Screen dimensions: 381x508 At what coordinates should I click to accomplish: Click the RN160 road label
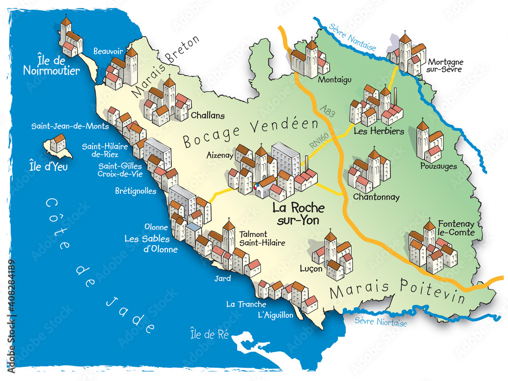[x=316, y=142]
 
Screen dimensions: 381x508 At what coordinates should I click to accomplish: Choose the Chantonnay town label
[x=376, y=197]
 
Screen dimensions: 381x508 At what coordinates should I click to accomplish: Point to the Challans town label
[x=208, y=115]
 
